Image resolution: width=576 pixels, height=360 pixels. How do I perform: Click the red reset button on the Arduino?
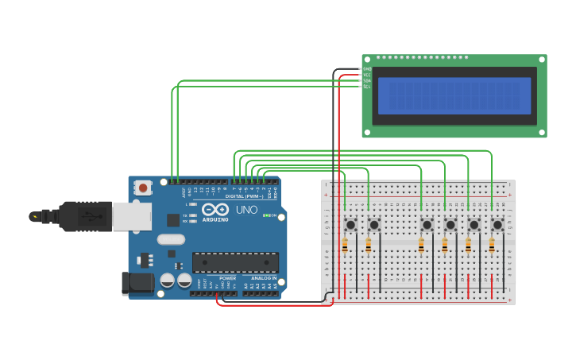(143, 188)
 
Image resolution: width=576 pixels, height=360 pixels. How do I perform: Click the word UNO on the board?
(246, 210)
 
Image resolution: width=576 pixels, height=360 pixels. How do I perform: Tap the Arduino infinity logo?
(215, 210)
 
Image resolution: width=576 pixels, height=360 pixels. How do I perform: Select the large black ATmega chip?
(235, 262)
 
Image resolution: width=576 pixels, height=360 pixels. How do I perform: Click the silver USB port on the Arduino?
(131, 216)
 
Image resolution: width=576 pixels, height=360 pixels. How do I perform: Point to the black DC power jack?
(136, 284)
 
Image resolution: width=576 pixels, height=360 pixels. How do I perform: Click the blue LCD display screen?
(454, 95)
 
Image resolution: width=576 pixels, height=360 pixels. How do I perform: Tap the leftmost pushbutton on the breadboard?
(350, 225)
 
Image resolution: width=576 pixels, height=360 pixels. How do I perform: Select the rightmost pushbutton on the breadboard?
(497, 225)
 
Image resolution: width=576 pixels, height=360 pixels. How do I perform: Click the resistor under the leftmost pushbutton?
(345, 246)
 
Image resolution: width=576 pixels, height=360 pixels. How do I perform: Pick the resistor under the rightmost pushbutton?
(492, 246)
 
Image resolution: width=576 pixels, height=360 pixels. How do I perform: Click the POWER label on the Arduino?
(227, 278)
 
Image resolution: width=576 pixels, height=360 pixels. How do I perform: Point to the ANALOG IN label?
(264, 278)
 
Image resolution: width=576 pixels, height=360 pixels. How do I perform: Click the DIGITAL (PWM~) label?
(244, 195)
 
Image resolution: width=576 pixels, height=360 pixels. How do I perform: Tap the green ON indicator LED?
(265, 215)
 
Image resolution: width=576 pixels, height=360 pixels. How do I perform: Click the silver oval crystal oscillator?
(171, 239)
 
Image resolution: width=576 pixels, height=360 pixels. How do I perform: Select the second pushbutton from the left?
(374, 225)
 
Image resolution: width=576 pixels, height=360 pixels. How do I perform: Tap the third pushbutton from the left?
(427, 225)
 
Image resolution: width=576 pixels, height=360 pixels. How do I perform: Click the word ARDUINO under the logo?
(215, 220)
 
